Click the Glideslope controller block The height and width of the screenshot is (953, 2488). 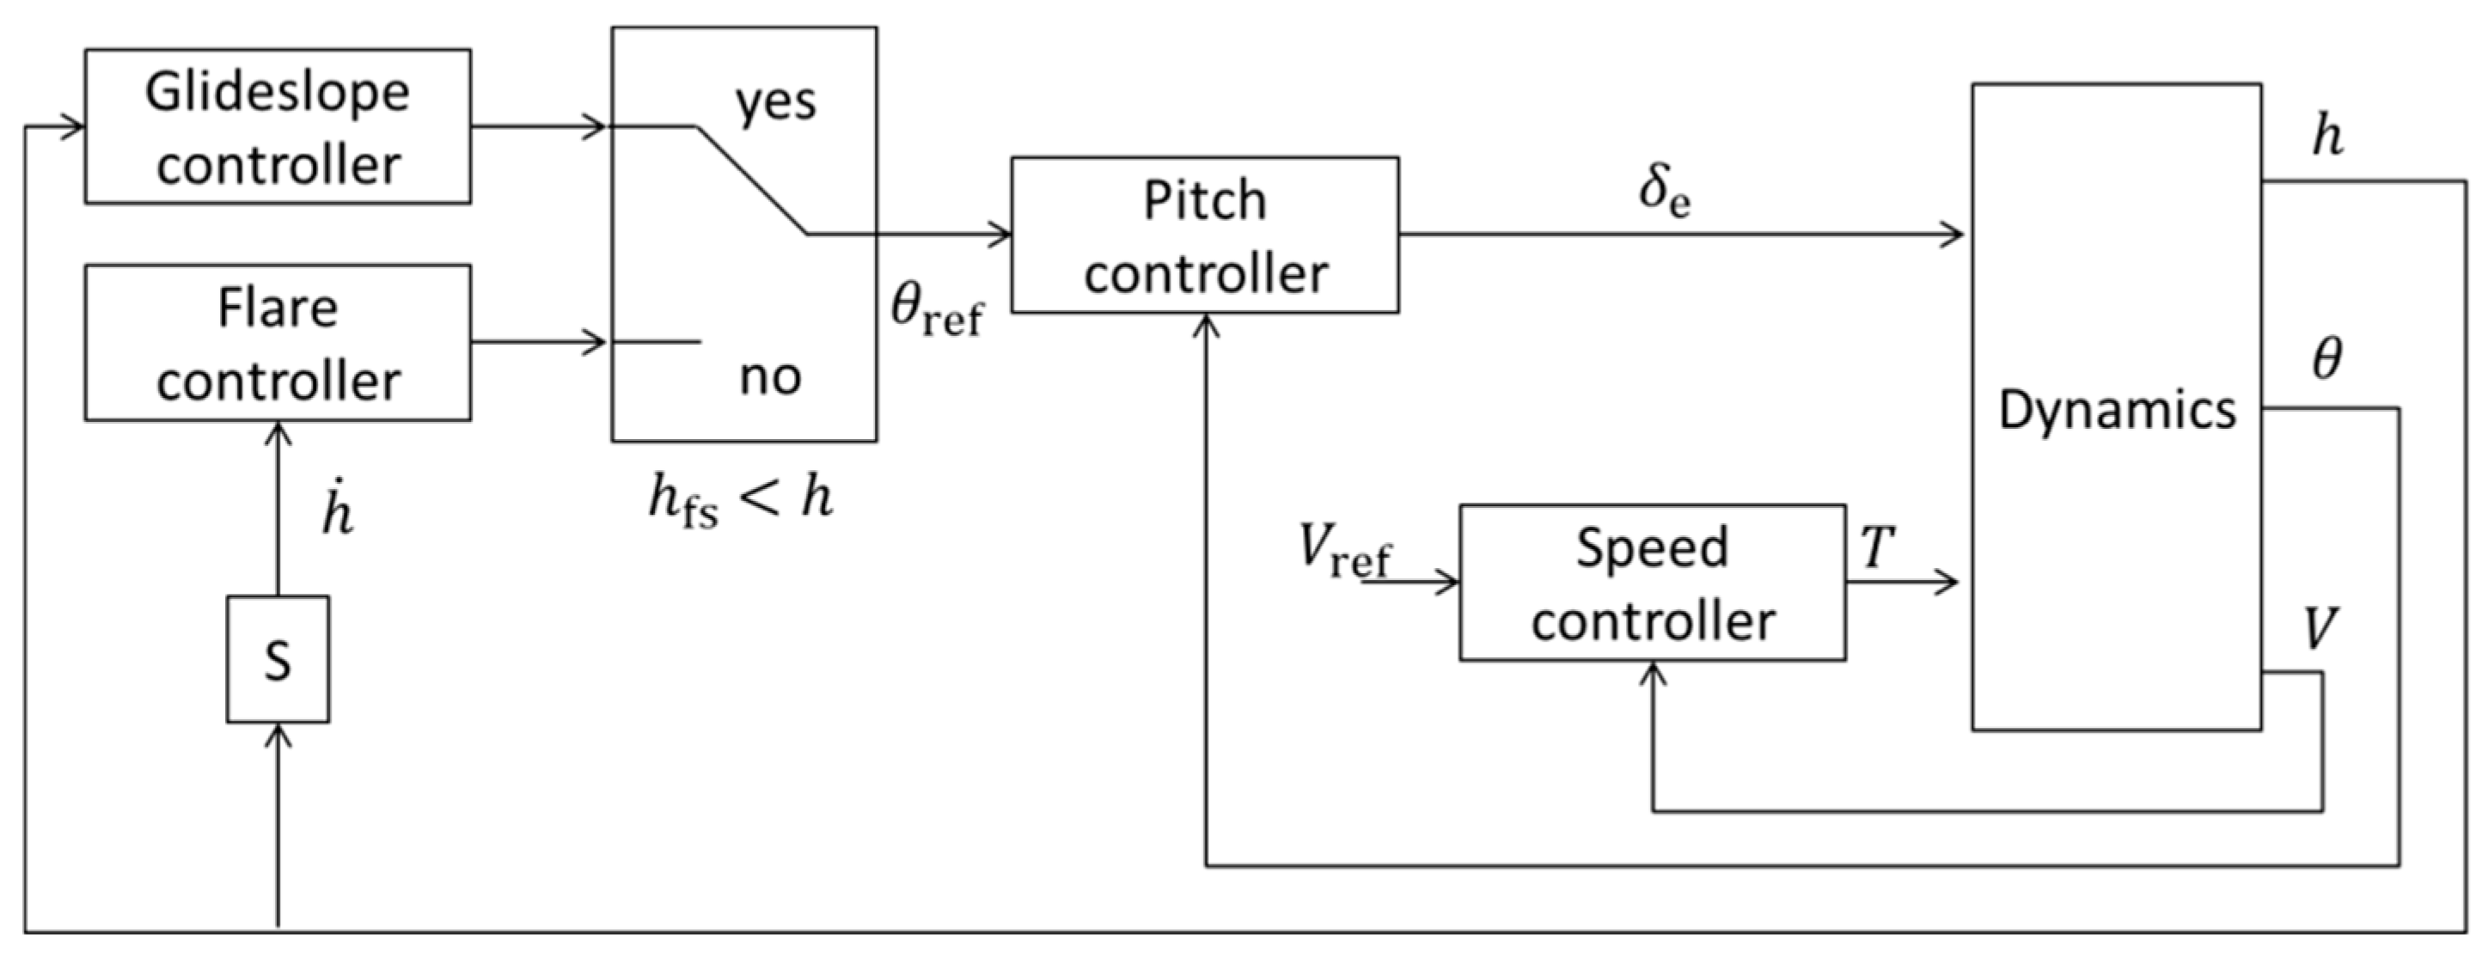point(278,126)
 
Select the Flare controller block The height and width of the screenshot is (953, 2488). point(278,343)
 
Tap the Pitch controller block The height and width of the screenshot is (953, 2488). point(1204,235)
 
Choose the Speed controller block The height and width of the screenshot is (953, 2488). point(1652,583)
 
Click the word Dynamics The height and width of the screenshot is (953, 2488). point(2116,409)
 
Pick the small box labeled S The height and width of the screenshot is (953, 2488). point(278,659)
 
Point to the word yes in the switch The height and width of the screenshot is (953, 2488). point(774,101)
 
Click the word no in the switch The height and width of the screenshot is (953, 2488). point(770,376)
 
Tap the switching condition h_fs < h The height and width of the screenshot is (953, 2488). point(740,500)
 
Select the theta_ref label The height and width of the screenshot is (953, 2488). point(935,312)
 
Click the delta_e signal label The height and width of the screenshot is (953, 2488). point(1664,191)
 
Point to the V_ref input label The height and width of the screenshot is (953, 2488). point(1343,550)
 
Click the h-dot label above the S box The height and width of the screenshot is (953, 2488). point(337,513)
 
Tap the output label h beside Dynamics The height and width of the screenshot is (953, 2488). point(2327,135)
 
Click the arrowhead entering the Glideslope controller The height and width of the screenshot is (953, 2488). point(73,126)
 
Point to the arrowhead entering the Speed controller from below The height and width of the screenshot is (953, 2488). point(1653,673)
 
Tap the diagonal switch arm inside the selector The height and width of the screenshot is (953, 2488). point(751,180)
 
